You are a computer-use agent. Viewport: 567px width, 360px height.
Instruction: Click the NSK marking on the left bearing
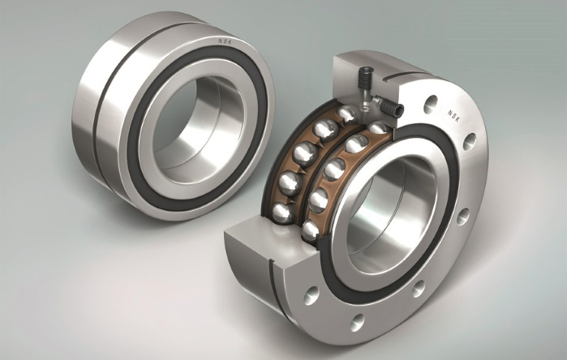pyautogui.click(x=226, y=41)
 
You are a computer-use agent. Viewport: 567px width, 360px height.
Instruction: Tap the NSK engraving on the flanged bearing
pyautogui.click(x=453, y=116)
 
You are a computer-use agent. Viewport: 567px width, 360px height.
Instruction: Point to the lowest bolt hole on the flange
pyautogui.click(x=357, y=323)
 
